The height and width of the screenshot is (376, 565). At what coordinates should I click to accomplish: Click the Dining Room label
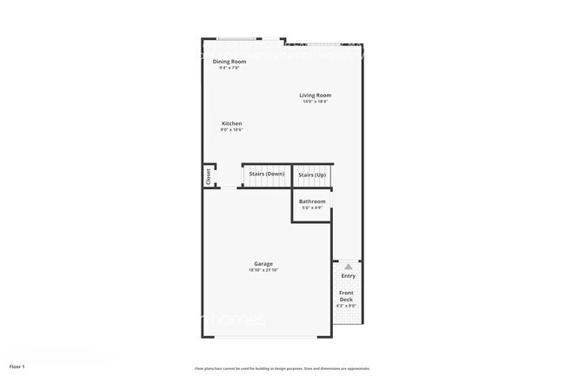tap(229, 61)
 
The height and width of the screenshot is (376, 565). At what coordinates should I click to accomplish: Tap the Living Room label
tap(316, 96)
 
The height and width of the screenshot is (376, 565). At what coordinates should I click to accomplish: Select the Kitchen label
tap(231, 124)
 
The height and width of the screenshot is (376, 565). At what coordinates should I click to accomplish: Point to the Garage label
tap(263, 263)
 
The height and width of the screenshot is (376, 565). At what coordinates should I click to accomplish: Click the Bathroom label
tap(312, 201)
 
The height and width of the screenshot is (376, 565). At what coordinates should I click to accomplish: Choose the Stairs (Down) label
tap(267, 175)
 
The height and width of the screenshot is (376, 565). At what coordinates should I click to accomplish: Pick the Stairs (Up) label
tap(312, 175)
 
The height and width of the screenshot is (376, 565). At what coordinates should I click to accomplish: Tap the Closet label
tap(208, 175)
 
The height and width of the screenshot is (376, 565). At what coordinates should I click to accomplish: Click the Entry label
tap(348, 276)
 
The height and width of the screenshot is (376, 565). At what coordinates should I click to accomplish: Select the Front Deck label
tap(346, 296)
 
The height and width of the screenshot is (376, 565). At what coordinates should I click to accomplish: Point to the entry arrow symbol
tap(348, 266)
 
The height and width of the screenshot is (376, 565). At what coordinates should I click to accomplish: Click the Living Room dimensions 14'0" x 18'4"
tap(316, 102)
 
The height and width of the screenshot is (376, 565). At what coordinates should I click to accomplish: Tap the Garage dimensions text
tap(263, 270)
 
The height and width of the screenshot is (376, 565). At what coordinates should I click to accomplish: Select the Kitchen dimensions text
tap(231, 130)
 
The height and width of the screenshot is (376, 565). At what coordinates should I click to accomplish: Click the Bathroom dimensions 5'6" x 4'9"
tap(312, 208)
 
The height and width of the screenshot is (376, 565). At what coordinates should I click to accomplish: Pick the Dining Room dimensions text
tap(229, 68)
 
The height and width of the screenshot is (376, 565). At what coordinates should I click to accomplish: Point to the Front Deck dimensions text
tap(346, 306)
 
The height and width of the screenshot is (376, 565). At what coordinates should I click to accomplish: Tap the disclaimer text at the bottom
tap(282, 368)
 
